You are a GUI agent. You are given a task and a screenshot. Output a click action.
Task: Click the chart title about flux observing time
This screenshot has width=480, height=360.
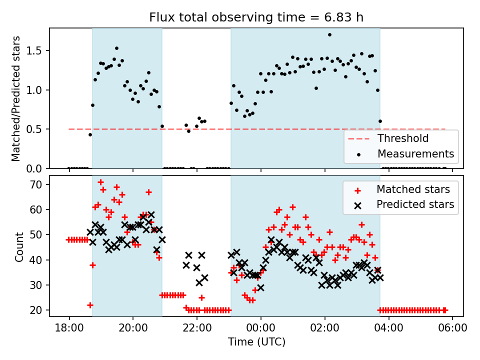point(256,17)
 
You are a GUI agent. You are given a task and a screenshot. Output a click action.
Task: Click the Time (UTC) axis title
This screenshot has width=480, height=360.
point(256,342)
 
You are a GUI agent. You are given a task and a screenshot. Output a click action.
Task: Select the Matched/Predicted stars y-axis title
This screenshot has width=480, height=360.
point(16,98)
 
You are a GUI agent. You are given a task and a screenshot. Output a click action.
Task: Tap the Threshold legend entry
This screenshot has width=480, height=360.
point(403,138)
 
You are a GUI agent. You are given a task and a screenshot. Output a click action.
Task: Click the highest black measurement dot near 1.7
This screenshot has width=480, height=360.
point(329,35)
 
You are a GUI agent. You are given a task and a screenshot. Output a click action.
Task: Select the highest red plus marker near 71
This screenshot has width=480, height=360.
point(100,182)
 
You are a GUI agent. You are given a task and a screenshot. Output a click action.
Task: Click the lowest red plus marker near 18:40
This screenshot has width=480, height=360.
point(90,305)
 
